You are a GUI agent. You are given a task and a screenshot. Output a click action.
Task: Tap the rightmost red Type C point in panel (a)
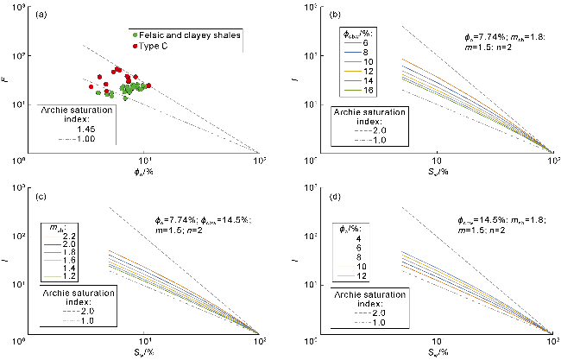coord(148,85)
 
